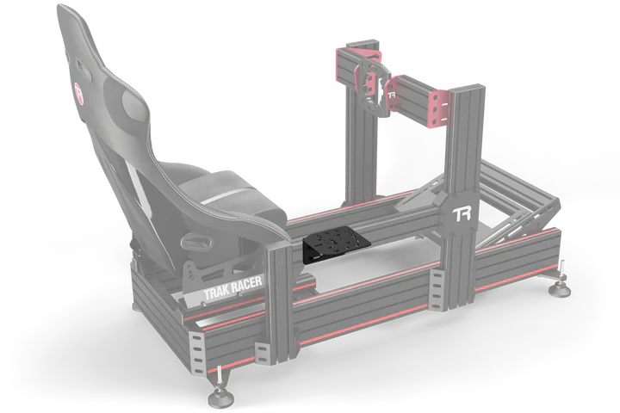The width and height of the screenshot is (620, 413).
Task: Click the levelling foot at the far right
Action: (563, 288)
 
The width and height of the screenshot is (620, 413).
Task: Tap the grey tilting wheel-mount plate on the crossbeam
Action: (372, 82)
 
